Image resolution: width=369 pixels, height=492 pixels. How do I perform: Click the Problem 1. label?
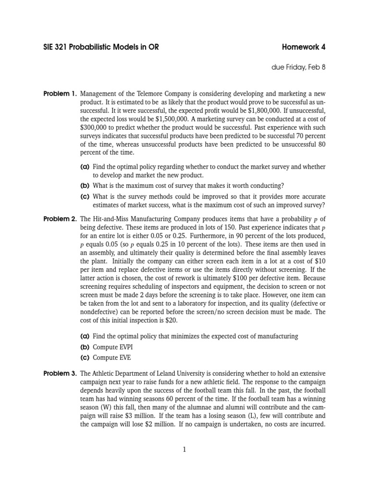[x=60, y=93]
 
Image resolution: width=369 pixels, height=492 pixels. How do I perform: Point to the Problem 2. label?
[x=60, y=219]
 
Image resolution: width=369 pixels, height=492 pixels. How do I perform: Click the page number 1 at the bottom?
[x=184, y=450]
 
